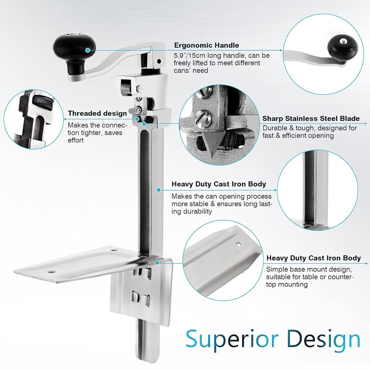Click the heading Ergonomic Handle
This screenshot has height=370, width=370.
pos(206,45)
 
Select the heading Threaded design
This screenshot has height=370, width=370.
pos(98,113)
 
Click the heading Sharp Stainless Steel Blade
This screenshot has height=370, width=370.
pos(311,118)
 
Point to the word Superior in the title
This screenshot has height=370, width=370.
pos(232,339)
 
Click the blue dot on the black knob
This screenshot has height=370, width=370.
pos(88,50)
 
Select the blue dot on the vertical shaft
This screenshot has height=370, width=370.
pos(159,190)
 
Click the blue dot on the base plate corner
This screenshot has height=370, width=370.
pos(157,263)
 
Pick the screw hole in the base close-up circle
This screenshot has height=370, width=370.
pos(239,245)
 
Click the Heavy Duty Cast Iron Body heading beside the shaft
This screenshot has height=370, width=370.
pos(219,184)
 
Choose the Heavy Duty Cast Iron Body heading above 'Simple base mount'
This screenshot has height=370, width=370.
pos(314,258)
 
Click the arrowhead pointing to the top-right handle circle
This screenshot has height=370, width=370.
pos(281,50)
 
